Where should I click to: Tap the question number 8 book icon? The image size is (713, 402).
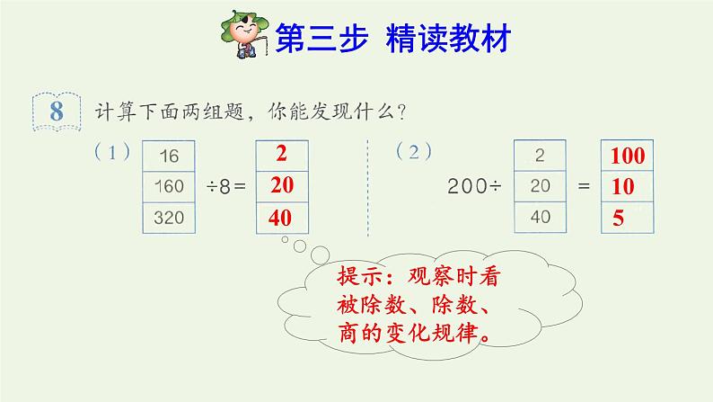(57, 112)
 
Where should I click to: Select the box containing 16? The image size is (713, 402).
(169, 156)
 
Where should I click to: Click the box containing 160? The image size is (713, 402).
(169, 187)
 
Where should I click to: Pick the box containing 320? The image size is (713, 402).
(169, 218)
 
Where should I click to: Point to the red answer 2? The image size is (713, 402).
(281, 154)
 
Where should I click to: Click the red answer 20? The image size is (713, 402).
(282, 185)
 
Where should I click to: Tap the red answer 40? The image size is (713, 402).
(280, 218)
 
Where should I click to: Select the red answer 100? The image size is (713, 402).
(628, 156)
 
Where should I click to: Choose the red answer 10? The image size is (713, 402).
(622, 187)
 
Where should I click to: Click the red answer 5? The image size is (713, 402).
(618, 218)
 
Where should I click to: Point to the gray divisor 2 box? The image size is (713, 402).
(540, 156)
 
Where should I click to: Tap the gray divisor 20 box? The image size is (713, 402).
(540, 186)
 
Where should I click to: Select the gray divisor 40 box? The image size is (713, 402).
(540, 217)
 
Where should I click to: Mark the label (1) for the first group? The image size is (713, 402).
(112, 152)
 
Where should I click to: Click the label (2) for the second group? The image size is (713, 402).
(414, 152)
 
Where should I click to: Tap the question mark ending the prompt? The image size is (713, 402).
(401, 112)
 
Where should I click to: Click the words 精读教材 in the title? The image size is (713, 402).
(448, 38)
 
